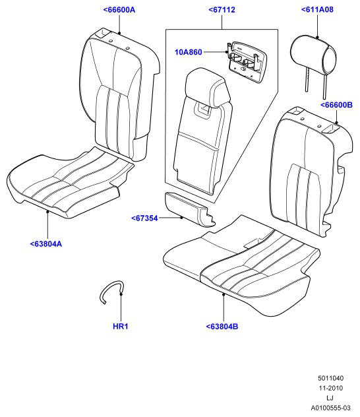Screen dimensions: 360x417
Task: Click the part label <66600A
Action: (119, 10)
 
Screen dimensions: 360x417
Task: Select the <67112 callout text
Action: (222, 10)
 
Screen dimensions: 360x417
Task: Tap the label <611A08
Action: (317, 10)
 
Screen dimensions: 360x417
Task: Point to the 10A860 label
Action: (189, 52)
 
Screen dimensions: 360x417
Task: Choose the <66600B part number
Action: (336, 105)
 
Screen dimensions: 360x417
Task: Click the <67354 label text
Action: (144, 218)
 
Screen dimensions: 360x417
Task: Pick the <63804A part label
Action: (46, 244)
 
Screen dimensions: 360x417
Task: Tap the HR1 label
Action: (121, 327)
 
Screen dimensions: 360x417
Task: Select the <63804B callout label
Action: (222, 327)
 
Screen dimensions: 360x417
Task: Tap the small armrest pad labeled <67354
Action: (190, 209)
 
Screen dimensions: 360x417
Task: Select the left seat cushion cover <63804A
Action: (71, 182)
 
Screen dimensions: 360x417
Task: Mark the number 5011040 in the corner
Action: (331, 378)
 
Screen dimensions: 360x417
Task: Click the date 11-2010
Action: (331, 388)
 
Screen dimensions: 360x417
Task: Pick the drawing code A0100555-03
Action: (331, 408)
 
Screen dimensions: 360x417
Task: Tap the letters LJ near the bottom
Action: (330, 398)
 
